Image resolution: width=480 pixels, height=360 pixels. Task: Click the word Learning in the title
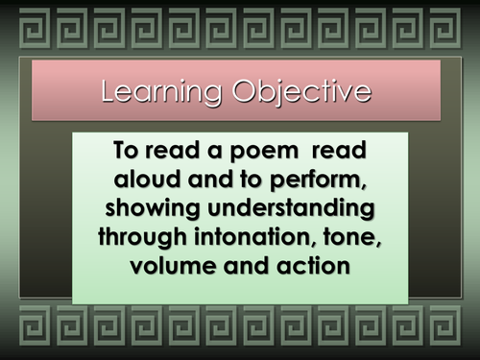click(161, 92)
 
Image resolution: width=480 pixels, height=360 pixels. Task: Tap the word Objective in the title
click(301, 92)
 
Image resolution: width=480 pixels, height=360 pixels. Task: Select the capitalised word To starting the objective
click(126, 150)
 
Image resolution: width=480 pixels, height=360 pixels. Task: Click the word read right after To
click(172, 150)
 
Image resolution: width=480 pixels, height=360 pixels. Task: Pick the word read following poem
click(339, 150)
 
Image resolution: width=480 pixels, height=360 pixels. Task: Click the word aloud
click(148, 179)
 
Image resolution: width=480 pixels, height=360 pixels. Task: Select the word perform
click(318, 180)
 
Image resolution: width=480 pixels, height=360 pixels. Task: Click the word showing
click(153, 209)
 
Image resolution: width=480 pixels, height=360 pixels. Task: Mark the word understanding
click(291, 209)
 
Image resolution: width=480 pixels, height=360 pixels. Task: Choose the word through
click(142, 238)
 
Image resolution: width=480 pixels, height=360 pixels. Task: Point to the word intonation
click(252, 237)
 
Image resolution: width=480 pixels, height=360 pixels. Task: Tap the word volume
click(173, 266)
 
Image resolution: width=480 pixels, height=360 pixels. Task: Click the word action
click(313, 266)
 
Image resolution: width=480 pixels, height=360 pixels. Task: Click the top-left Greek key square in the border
click(35, 28)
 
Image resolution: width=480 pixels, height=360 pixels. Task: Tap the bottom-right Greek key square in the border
click(445, 325)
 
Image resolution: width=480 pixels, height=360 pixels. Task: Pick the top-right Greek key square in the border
click(445, 28)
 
